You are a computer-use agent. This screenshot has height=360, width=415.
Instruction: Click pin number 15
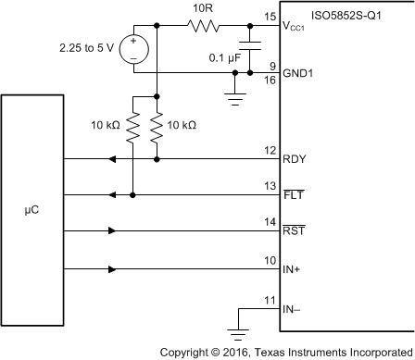(269, 17)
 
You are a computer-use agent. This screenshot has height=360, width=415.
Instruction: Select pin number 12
(269, 150)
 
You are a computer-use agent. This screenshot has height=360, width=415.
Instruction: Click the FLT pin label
(293, 196)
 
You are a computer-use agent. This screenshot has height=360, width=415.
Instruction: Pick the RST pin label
(294, 233)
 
